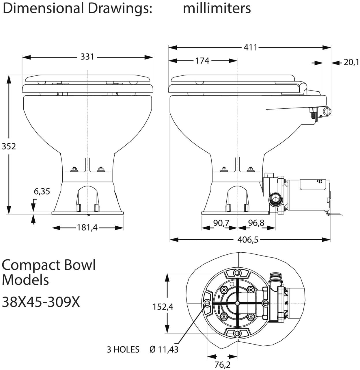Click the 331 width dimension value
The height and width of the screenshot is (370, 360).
click(87, 57)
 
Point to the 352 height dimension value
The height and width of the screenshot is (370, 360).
click(9, 146)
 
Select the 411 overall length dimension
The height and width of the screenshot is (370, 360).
click(250, 47)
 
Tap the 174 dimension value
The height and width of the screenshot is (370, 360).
click(202, 61)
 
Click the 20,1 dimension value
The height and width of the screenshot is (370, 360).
click(351, 62)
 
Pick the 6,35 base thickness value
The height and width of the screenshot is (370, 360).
click(42, 191)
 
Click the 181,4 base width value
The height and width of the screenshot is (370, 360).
click(87, 228)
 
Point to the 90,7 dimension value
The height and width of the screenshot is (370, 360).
click(221, 223)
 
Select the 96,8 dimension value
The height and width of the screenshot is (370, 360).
click(256, 223)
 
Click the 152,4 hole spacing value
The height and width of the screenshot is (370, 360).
click(163, 307)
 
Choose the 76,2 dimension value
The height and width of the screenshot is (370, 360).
click(223, 365)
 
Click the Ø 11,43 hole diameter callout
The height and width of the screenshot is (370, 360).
click(164, 349)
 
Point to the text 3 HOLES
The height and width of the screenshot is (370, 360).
click(123, 349)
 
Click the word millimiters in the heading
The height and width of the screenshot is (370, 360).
click(217, 8)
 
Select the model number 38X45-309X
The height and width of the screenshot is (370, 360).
click(41, 302)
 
